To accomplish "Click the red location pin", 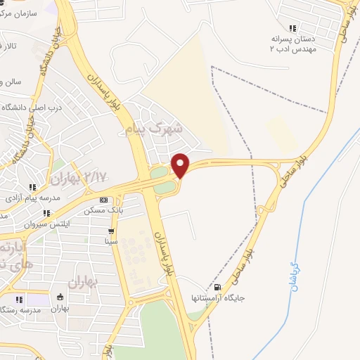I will point(181,164).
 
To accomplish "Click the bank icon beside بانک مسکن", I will point(103,200).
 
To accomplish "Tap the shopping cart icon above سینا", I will point(110,231).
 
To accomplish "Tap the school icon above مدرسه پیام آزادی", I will point(32,187).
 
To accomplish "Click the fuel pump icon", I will point(217,287).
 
